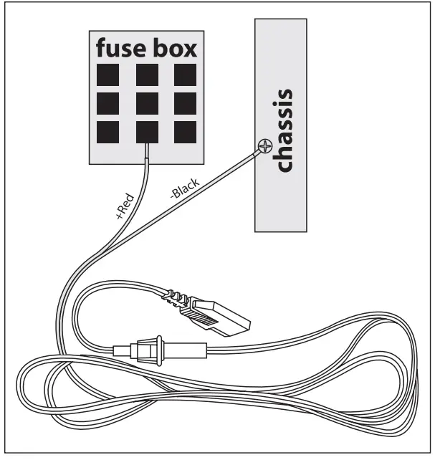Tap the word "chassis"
(285, 131)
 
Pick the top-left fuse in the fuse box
(108, 75)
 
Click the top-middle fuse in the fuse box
(147, 75)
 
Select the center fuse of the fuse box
(147, 102)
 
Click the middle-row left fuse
(108, 102)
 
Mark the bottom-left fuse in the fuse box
(108, 131)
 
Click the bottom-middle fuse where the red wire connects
(147, 131)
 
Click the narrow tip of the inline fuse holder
(121, 351)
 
